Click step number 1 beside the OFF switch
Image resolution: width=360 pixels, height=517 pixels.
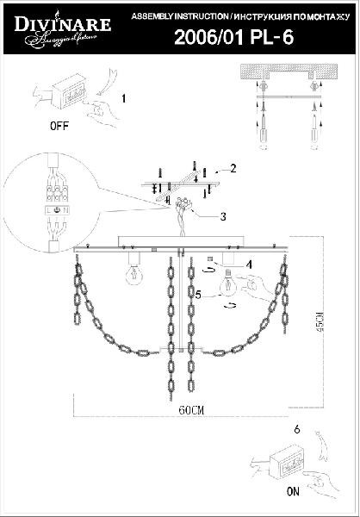tap(122, 97)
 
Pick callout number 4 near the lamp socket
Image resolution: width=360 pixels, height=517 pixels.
tap(248, 264)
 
